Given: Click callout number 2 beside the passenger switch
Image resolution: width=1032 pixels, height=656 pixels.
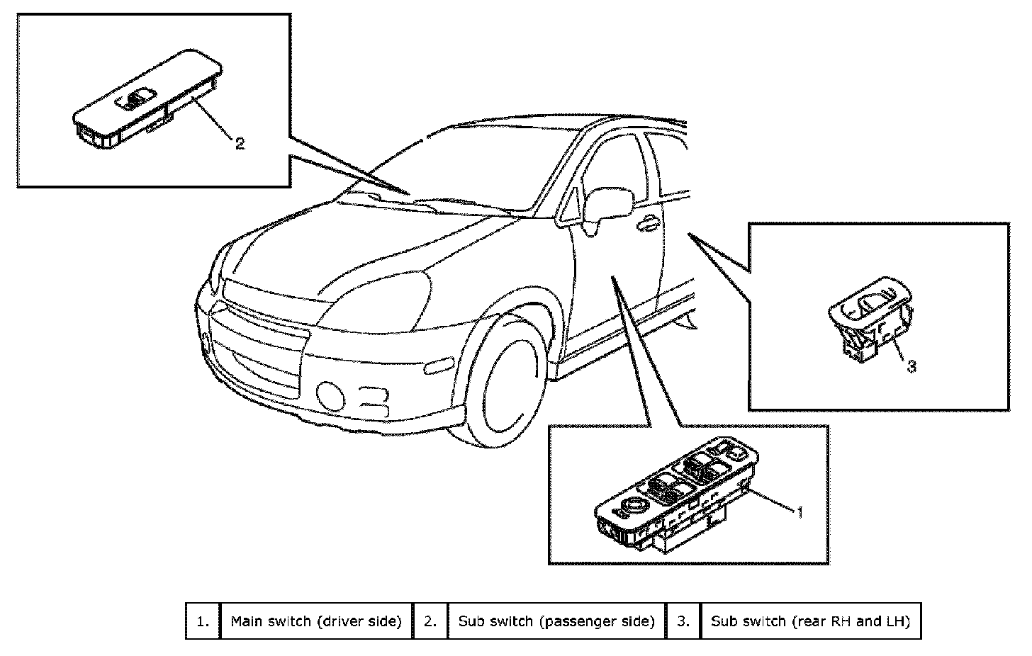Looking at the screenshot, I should click(240, 144).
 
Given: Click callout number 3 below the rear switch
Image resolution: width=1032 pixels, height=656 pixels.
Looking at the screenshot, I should click(912, 366).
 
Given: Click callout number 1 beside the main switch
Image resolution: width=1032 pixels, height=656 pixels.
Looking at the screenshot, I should click(800, 511).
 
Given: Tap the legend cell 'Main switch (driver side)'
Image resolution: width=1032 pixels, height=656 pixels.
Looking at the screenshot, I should click(316, 621).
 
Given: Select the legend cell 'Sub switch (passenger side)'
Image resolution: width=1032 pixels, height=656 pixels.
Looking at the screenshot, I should click(556, 621).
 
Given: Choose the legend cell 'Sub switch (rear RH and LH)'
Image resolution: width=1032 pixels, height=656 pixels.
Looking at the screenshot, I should click(810, 621).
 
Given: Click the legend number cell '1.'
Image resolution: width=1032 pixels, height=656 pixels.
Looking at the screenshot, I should click(203, 621).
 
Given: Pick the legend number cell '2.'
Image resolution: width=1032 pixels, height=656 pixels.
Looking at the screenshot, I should click(430, 621).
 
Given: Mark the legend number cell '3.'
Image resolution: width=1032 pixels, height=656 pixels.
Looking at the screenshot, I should click(683, 621).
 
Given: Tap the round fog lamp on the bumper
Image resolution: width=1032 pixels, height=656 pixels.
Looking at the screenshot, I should click(330, 395).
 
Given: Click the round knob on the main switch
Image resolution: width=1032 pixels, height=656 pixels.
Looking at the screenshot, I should click(632, 506).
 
